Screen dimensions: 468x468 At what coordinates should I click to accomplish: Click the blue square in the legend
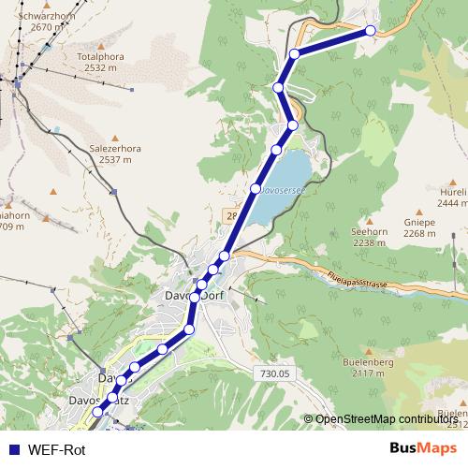click(13, 450)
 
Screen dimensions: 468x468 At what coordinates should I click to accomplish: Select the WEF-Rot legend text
click(56, 450)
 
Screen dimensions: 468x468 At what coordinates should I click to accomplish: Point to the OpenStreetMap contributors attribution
click(386, 419)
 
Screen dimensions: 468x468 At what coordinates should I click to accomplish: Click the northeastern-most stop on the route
click(371, 31)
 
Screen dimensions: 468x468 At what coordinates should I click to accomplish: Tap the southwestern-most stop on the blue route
click(97, 413)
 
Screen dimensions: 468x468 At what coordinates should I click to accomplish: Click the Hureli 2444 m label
click(452, 197)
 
